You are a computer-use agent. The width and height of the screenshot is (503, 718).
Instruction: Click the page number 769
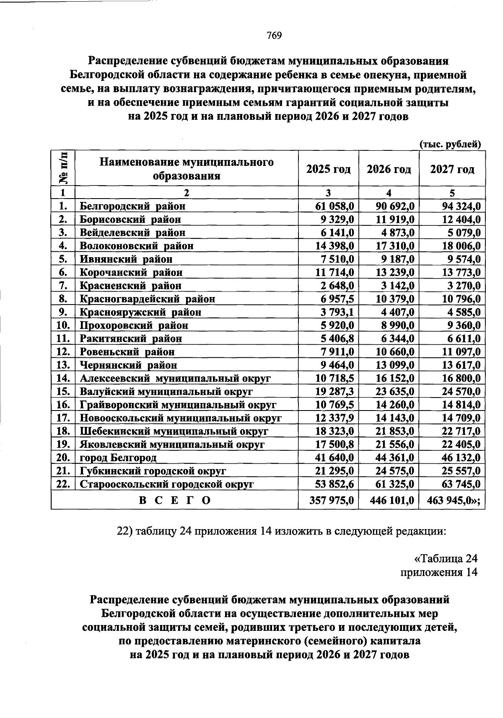[274, 36]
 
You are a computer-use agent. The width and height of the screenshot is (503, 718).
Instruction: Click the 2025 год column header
[328, 169]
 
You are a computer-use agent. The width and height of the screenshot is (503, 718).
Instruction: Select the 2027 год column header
[452, 169]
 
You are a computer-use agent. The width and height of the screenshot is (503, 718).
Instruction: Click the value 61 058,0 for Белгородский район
[334, 206]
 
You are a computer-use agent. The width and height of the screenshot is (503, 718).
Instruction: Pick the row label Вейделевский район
[132, 232]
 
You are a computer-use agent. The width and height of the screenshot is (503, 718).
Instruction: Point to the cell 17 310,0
[395, 246]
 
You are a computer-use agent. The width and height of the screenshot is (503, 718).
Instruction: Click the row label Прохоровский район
[134, 325]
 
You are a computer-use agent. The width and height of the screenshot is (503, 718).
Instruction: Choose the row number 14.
[63, 378]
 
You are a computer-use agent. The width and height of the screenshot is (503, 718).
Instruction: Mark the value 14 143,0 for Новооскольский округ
[395, 418]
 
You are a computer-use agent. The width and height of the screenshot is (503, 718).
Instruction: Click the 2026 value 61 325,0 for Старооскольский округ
[395, 484]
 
